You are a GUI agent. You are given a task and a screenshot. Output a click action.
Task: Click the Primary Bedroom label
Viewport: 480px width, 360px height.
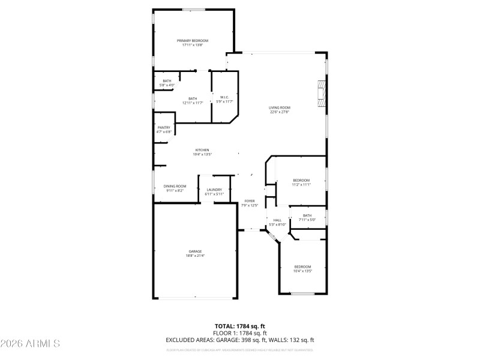click(193, 41)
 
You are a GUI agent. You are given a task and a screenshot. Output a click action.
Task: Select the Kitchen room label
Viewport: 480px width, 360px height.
click(202, 150)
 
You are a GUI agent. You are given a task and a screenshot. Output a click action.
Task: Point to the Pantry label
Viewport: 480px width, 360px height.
click(164, 127)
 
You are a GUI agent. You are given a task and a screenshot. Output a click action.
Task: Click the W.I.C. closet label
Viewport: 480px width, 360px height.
click(223, 97)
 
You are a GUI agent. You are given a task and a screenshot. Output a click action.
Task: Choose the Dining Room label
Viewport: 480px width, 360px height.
click(175, 187)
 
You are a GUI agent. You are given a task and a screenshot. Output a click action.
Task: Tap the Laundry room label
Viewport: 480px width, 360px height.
click(214, 190)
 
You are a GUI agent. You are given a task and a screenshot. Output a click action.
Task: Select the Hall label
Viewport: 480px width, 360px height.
click(277, 220)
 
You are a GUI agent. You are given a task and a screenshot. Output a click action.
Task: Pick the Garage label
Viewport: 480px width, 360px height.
click(195, 251)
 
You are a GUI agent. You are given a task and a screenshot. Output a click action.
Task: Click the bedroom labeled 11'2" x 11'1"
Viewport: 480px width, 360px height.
click(301, 181)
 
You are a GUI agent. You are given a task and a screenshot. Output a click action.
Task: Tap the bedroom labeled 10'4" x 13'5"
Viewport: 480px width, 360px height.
click(302, 266)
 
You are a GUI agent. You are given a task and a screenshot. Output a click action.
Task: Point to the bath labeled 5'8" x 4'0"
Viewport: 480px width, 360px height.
click(167, 81)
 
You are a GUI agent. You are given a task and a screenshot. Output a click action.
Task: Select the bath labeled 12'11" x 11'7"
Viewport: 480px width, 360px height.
click(193, 99)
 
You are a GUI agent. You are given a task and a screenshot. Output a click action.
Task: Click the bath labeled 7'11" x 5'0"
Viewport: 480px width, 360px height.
click(307, 216)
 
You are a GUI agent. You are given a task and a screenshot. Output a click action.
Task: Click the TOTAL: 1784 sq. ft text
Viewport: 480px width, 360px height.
click(240, 326)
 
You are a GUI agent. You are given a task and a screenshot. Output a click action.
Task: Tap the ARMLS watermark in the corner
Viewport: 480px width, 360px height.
click(30, 344)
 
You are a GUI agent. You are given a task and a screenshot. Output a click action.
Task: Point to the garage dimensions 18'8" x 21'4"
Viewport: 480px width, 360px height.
click(195, 256)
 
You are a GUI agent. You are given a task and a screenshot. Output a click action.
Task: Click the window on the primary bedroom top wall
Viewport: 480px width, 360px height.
click(193, 9)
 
